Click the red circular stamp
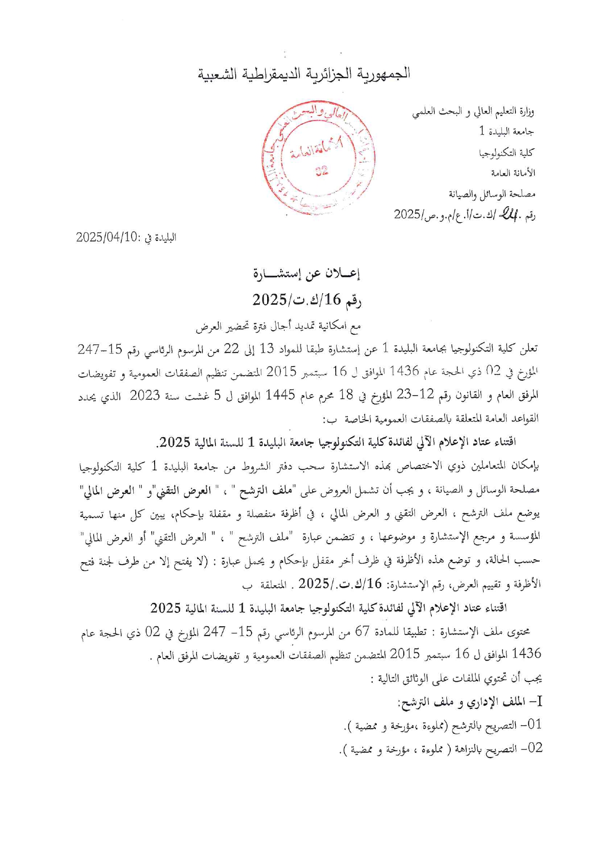(x=318, y=158)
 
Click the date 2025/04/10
(x=107, y=237)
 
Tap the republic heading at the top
(x=304, y=74)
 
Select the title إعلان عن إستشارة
(x=306, y=274)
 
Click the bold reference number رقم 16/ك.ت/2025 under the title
(x=307, y=300)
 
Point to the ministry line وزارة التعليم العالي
(x=473, y=113)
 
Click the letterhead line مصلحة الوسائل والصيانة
(x=492, y=194)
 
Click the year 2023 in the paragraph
(x=144, y=395)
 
